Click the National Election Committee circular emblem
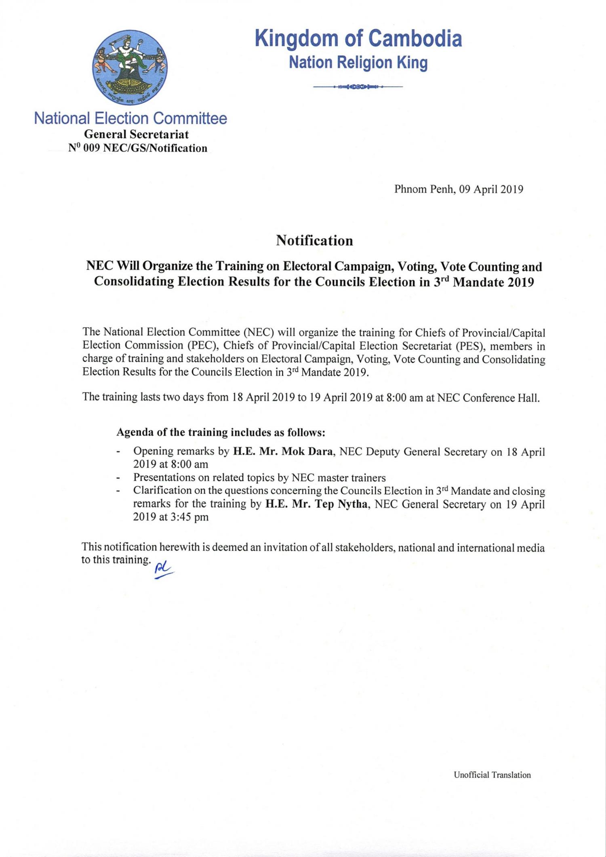point(131,66)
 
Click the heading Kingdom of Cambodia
point(358,39)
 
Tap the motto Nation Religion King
point(358,63)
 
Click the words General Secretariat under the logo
point(136,134)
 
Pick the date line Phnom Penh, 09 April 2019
point(459,189)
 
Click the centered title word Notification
point(314,241)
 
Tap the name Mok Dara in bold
point(307,452)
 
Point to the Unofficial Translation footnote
point(492,775)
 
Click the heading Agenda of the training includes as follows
point(221,433)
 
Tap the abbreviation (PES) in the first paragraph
point(469,346)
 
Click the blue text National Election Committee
point(130,119)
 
